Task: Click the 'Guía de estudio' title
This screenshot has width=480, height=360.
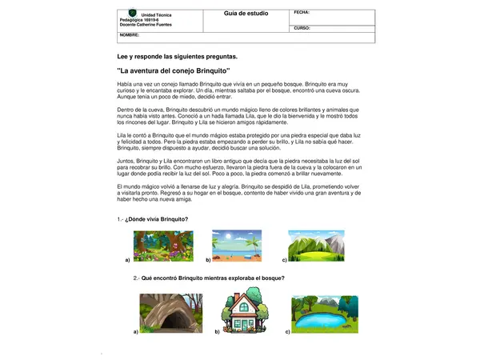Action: (246, 14)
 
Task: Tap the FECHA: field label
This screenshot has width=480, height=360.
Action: (302, 13)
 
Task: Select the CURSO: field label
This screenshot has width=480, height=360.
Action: (302, 28)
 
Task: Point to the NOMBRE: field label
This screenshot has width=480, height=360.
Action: (130, 35)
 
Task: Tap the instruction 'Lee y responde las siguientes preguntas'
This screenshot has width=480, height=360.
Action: (177, 58)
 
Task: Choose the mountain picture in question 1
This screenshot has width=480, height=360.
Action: (317, 246)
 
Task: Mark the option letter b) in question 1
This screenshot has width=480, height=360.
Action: (207, 261)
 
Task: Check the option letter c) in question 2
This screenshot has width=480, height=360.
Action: (287, 330)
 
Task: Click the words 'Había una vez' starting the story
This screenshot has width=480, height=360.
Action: (134, 84)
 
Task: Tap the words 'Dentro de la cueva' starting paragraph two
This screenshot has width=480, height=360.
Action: (144, 109)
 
